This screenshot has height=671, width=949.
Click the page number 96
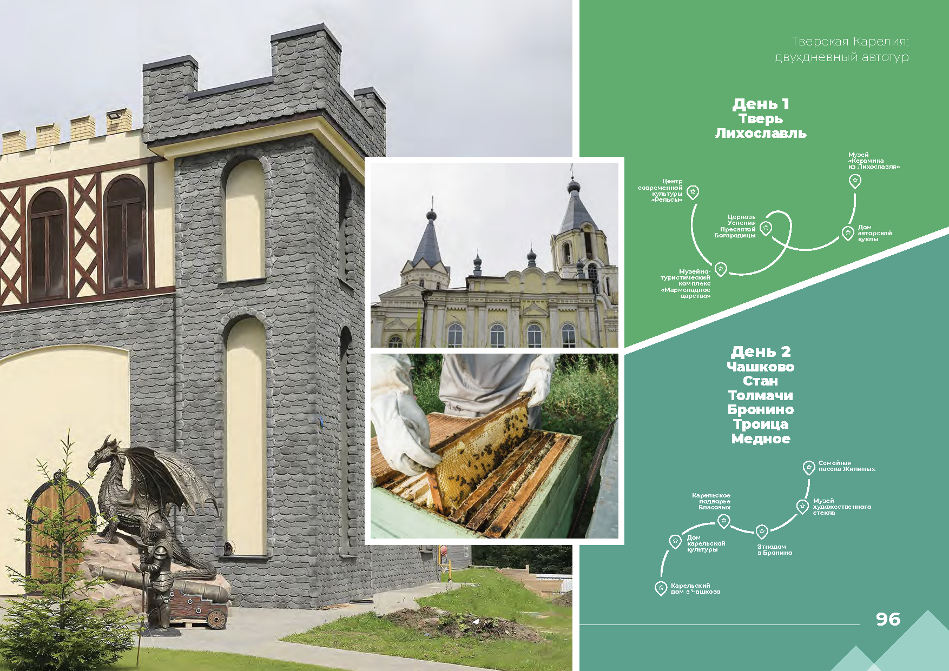click(x=888, y=619)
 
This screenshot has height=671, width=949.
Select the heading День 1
click(x=761, y=104)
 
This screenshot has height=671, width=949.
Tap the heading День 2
click(x=761, y=352)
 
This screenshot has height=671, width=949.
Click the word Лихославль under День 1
click(x=761, y=133)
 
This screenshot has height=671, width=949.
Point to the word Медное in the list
click(x=761, y=439)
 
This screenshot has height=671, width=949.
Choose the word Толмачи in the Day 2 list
click(x=761, y=395)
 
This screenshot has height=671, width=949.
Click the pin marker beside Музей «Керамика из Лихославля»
click(x=855, y=181)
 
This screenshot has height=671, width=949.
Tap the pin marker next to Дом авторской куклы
click(x=847, y=233)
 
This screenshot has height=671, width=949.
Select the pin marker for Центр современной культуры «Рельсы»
click(x=693, y=192)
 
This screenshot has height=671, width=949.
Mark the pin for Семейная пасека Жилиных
click(x=808, y=468)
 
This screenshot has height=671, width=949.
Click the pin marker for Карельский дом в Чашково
click(x=661, y=588)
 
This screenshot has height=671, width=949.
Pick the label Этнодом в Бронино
click(x=774, y=550)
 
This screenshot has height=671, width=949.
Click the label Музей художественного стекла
click(x=842, y=507)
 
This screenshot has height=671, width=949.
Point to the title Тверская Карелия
click(x=849, y=42)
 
